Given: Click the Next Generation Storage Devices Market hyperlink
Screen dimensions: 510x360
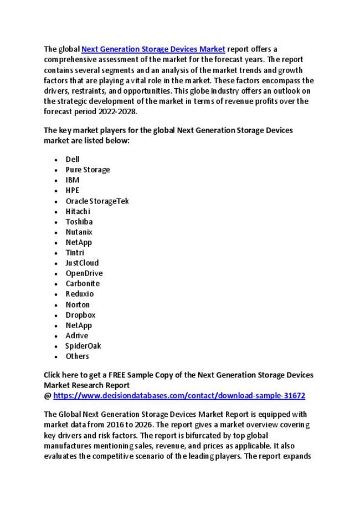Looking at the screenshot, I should pyautogui.click(x=153, y=49).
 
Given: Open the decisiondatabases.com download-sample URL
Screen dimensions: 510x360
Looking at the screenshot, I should pyautogui.click(x=179, y=396).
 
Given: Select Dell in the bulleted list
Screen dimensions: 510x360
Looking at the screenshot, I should pyautogui.click(x=73, y=159).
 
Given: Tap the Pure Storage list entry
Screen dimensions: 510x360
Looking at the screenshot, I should pyautogui.click(x=88, y=170).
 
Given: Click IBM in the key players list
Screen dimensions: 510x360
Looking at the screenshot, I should pyautogui.click(x=73, y=180).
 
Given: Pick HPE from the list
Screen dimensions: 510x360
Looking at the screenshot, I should pyautogui.click(x=73, y=190).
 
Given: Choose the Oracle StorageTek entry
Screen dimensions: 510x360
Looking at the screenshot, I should pyautogui.click(x=97, y=201).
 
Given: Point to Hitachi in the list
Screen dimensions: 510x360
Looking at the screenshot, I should pyautogui.click(x=78, y=211).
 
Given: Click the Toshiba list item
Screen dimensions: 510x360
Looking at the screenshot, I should pyautogui.click(x=79, y=221).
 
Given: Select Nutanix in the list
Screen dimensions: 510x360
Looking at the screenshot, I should pyautogui.click(x=79, y=232).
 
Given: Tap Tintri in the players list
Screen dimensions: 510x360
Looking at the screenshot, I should pyautogui.click(x=75, y=252).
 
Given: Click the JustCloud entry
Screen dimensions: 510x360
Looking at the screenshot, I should pyautogui.click(x=82, y=263).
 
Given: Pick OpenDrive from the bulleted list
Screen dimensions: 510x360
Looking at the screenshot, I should pyautogui.click(x=84, y=273).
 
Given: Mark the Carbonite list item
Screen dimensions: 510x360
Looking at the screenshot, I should pyautogui.click(x=83, y=283).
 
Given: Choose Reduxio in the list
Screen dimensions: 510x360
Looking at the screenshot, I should pyautogui.click(x=80, y=294).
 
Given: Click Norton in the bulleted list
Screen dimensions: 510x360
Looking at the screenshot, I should pyautogui.click(x=78, y=304).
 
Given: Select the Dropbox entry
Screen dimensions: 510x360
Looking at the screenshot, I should pyautogui.click(x=80, y=315).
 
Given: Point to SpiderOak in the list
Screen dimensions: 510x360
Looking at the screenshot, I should pyautogui.click(x=83, y=346).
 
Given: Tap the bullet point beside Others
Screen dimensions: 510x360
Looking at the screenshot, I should pyautogui.click(x=57, y=356).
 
